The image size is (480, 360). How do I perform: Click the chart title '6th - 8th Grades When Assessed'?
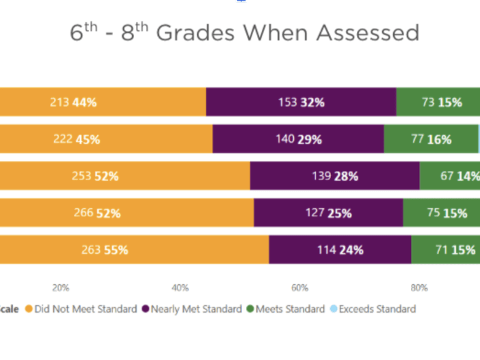[x=244, y=32]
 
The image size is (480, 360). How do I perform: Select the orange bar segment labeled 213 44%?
[x=103, y=103]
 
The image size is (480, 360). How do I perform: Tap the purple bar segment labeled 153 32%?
[x=301, y=103]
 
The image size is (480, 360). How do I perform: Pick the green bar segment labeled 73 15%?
[x=438, y=103]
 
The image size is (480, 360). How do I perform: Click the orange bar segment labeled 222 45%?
[x=106, y=139]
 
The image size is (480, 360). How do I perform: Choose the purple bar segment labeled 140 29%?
[x=298, y=139]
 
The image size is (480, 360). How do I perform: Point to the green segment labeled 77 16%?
[x=431, y=139]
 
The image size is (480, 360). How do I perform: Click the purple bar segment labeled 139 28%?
[x=334, y=175]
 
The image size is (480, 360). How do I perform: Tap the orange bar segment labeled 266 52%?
[x=126, y=213]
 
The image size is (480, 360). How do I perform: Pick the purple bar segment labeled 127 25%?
[x=328, y=213]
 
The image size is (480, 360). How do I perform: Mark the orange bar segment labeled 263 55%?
[x=134, y=250]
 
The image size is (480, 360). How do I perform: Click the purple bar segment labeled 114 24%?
[x=340, y=250]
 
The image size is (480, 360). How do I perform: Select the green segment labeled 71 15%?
[x=445, y=250]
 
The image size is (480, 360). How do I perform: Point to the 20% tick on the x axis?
[x=61, y=287]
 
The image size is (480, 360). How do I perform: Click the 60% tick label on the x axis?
[x=299, y=287]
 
